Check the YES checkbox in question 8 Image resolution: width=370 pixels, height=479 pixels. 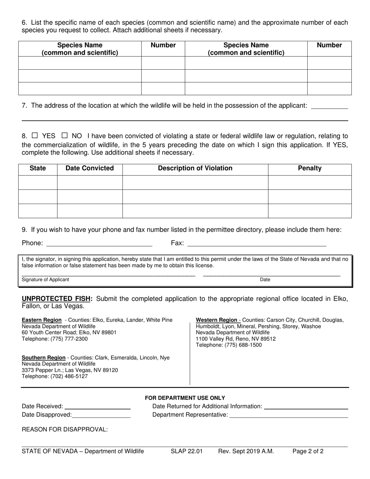[x=35, y=136]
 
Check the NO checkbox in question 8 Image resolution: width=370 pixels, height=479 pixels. [x=65, y=136]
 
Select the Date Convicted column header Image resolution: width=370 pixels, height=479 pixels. [x=90, y=168]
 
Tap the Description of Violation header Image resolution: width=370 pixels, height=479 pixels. [x=195, y=168]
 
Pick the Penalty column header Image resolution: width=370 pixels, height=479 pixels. [x=310, y=168]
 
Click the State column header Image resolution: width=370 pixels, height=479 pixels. [x=38, y=168]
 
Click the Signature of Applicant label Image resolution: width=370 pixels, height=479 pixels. [x=45, y=280]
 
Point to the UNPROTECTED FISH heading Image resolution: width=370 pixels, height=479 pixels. [x=57, y=299]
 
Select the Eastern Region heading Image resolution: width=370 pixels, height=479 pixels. [x=42, y=320]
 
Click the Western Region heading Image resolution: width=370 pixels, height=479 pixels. [x=217, y=320]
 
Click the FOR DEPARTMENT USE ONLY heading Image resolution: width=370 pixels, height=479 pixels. [x=185, y=398]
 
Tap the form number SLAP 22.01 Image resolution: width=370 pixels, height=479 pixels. [x=187, y=451]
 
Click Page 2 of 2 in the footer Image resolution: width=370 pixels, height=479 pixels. [x=308, y=451]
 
